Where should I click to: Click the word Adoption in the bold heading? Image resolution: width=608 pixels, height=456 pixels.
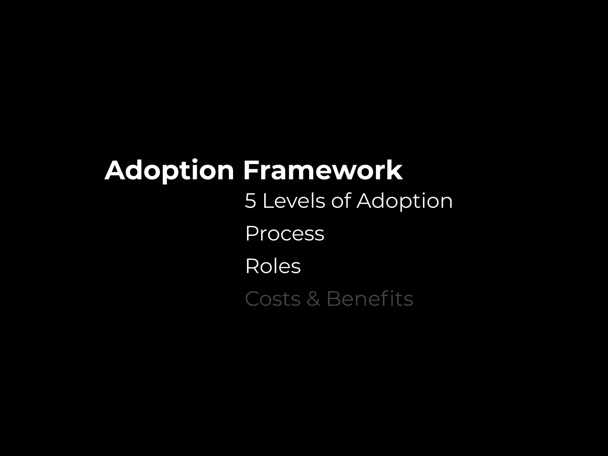pos(169,170)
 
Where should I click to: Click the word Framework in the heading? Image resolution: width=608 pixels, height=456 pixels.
pos(323,170)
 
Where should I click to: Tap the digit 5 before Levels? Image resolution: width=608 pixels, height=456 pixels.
pos(250,201)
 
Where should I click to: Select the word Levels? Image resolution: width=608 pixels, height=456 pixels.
pos(294,201)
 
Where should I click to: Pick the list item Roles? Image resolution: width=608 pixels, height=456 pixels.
pos(273,266)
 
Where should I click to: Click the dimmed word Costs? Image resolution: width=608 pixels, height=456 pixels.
pos(273,299)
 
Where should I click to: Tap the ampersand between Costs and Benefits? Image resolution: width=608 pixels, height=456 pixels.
pos(313,299)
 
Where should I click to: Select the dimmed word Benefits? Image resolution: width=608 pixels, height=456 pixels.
pos(370,299)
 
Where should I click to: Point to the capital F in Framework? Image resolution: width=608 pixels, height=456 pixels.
pos(250,170)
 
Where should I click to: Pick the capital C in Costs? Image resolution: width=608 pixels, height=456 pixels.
pos(253,299)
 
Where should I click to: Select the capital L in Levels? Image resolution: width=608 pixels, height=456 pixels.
pos(268,201)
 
